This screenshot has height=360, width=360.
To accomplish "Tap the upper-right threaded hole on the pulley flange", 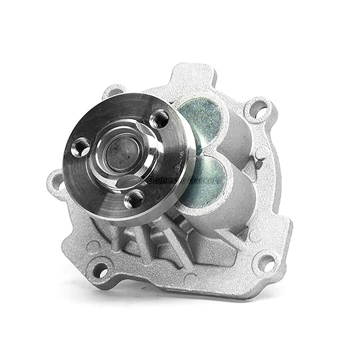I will pyautogui.click(x=160, y=119).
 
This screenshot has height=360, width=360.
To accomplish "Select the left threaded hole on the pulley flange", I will pyautogui.click(x=82, y=148).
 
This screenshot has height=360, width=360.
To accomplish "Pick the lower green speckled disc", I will pyautogui.click(x=202, y=180).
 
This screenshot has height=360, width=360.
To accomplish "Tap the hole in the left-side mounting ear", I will pyautogui.click(x=57, y=182).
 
